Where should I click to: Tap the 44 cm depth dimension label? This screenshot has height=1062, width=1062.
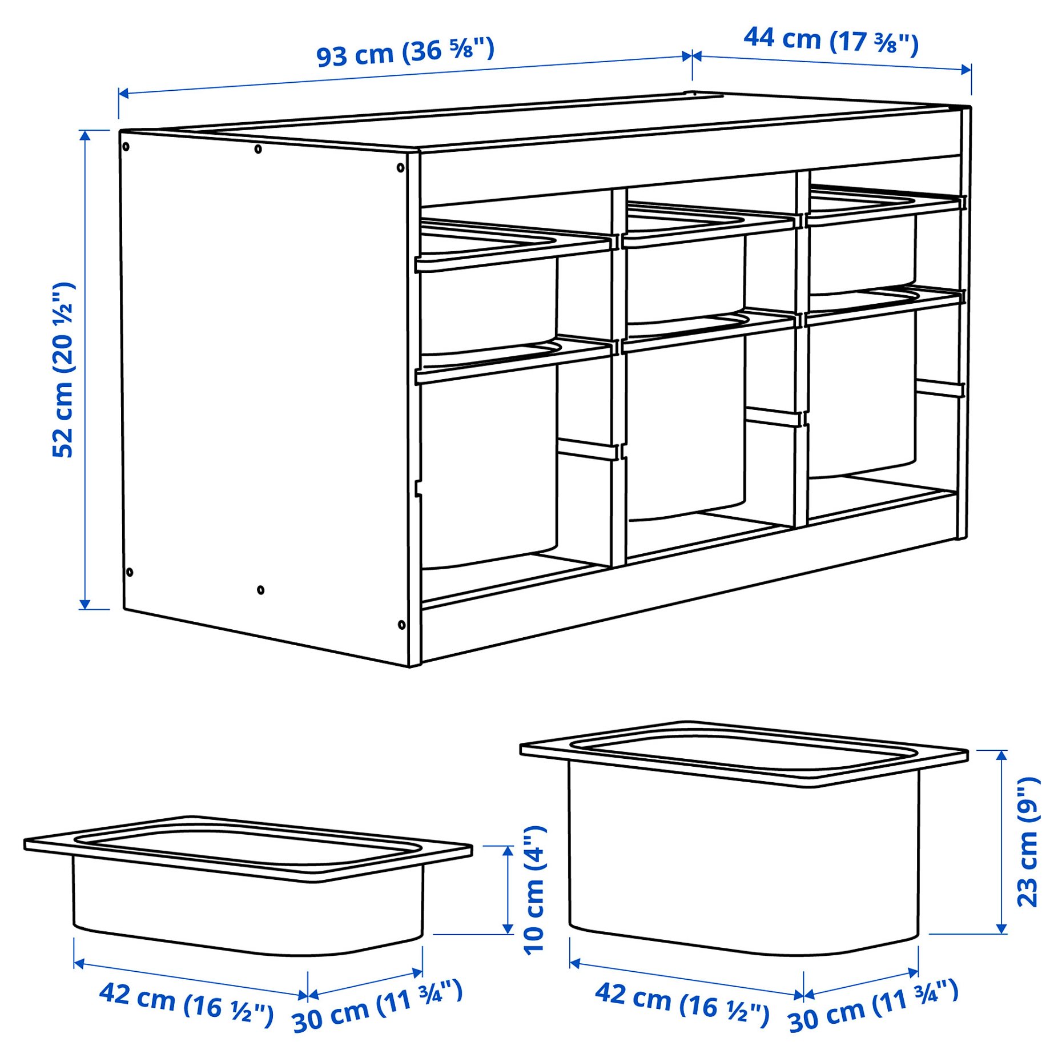pos(831,40)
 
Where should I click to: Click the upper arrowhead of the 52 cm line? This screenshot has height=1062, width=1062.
pos(85,135)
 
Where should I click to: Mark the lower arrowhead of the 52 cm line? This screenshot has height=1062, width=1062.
pos(85,604)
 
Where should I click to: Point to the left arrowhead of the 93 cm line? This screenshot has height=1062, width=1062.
pos(123,93)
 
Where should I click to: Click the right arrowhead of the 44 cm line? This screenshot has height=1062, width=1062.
pos(966,70)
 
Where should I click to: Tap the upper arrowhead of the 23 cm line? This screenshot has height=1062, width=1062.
pos(1001,755)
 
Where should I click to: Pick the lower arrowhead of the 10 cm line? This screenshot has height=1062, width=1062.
pos(508,929)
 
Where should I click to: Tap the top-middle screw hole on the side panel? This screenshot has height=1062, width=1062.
pos(258,149)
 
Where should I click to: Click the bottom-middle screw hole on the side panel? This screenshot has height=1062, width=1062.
pos(261,590)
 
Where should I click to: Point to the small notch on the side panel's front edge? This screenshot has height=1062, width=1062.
pos(418,488)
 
